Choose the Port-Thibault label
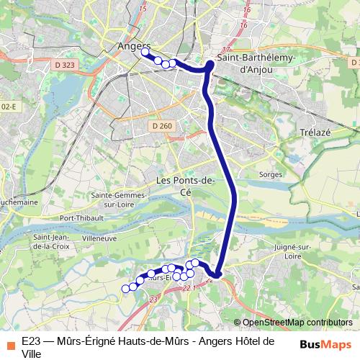78,218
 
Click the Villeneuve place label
99,236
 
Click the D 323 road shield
65,66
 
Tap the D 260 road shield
163,126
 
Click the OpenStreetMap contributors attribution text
297,323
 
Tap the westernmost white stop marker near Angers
145,52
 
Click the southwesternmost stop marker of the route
125,289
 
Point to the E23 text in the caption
30,341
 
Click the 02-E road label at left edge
8,107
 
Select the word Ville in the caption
32,354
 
